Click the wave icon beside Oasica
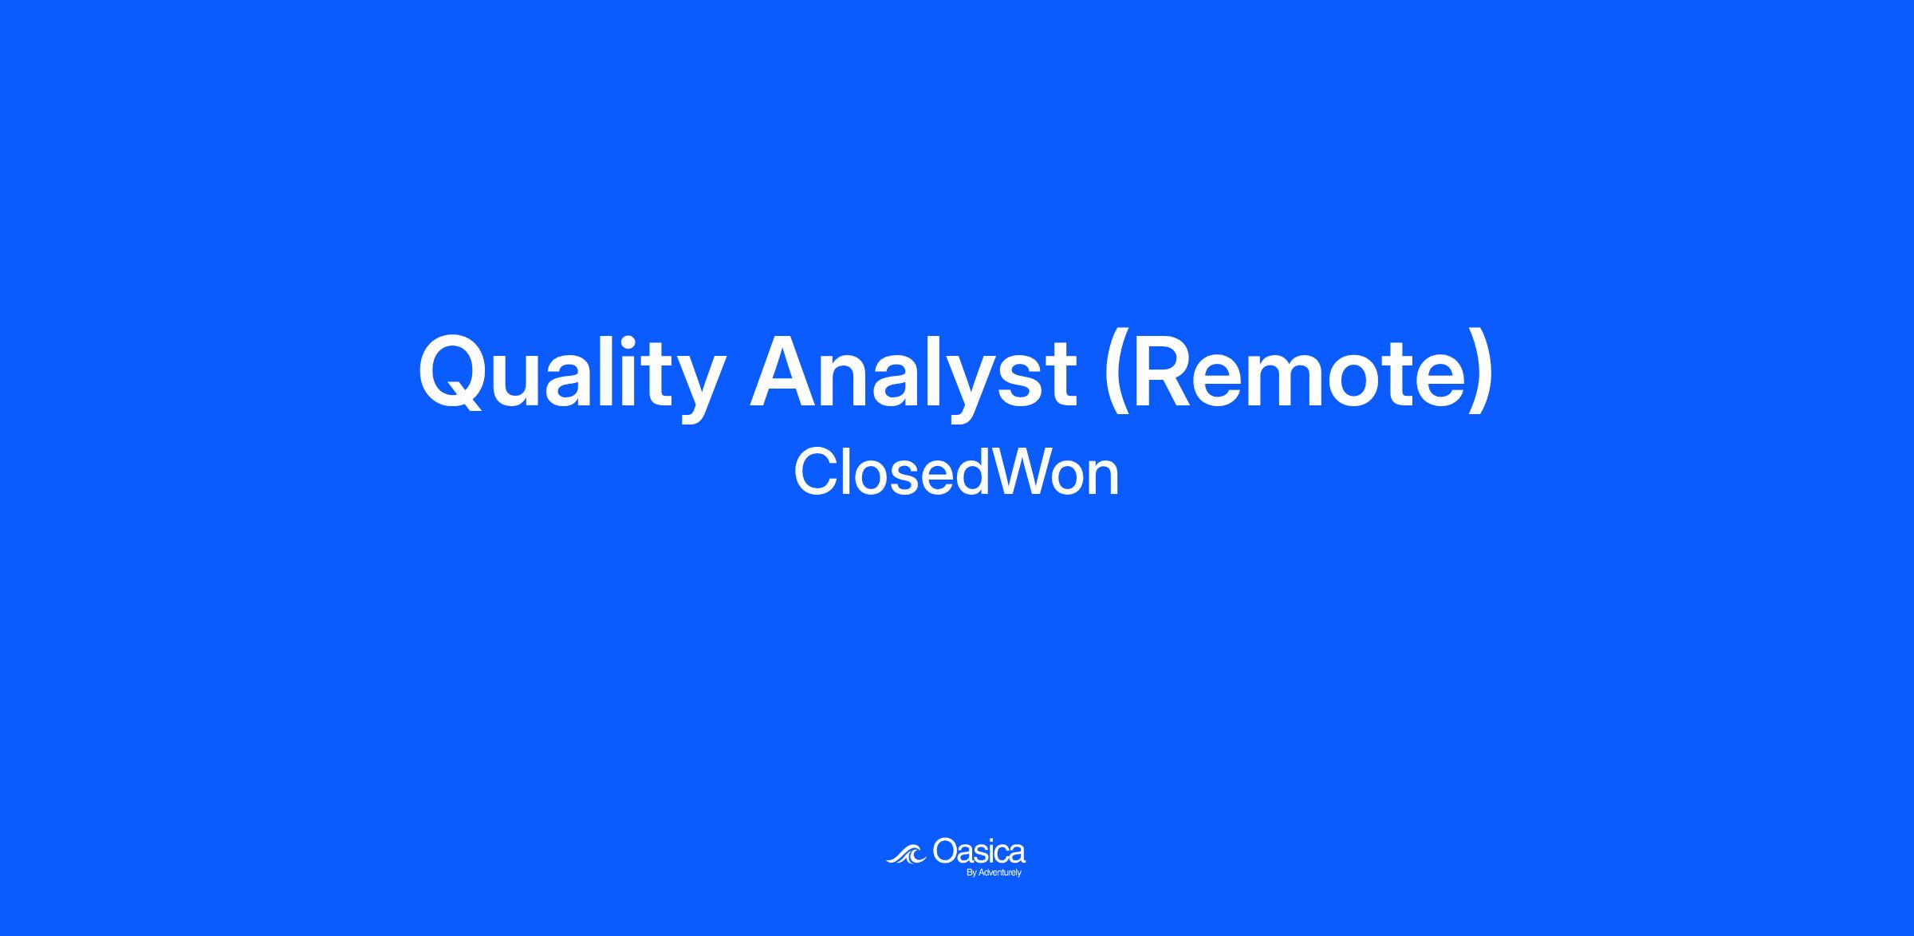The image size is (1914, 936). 906,855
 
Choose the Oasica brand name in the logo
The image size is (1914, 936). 979,851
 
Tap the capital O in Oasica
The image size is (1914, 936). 944,851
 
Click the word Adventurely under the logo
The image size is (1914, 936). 1000,873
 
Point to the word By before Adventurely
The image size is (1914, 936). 971,873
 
